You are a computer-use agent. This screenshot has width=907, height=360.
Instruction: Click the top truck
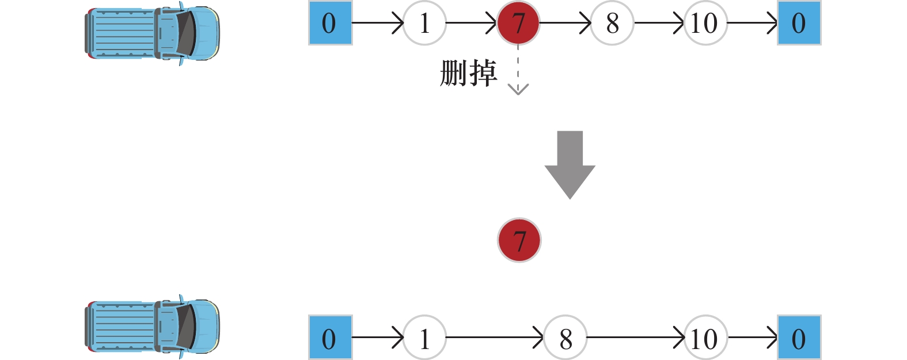(153, 33)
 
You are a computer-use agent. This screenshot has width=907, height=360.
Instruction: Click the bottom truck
(153, 326)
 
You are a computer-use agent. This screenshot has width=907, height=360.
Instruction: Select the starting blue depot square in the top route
(330, 23)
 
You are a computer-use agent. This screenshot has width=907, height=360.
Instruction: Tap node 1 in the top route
(424, 23)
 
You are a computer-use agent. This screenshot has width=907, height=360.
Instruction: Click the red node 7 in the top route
(518, 23)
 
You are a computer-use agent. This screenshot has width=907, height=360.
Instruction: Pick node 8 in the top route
(612, 23)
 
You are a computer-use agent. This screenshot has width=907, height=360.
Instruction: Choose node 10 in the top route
(705, 23)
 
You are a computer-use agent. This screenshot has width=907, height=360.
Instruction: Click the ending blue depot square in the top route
(799, 23)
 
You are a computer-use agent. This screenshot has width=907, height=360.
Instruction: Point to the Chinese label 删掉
(468, 74)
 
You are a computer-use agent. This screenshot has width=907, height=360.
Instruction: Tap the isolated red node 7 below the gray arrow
(519, 240)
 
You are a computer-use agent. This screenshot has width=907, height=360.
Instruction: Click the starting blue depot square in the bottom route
(330, 338)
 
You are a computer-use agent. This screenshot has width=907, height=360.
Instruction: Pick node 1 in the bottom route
(424, 338)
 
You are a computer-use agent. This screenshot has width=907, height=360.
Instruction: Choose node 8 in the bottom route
(566, 338)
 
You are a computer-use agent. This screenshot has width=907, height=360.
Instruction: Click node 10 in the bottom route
(705, 338)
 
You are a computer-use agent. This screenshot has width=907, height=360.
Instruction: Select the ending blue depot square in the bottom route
(799, 338)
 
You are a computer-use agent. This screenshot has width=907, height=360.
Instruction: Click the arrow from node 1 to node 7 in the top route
(471, 23)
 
